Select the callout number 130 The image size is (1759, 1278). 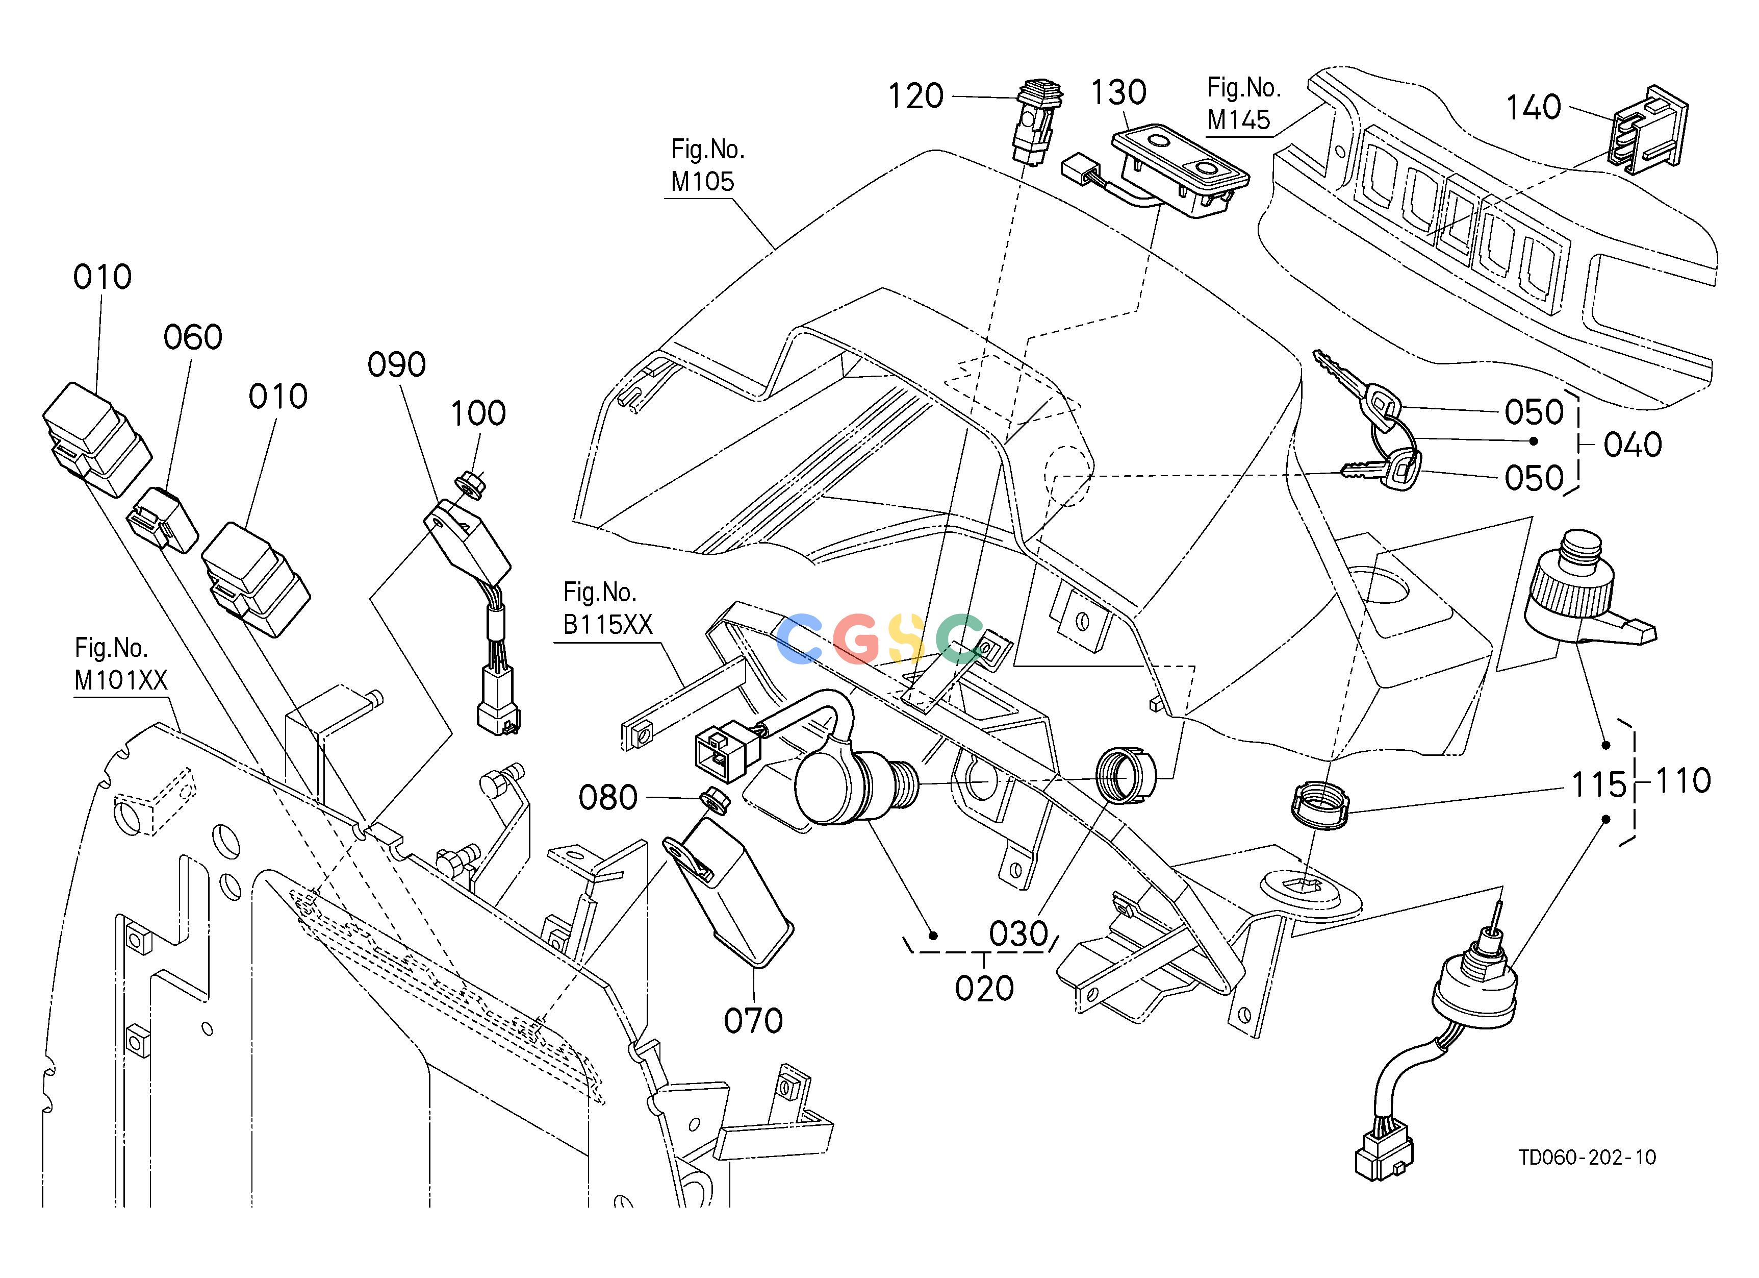pyautogui.click(x=1118, y=92)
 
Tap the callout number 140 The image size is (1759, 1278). pyautogui.click(x=1533, y=107)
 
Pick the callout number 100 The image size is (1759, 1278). pyautogui.click(x=478, y=413)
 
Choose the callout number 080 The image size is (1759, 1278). pyautogui.click(x=608, y=797)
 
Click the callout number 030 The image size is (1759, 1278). pyautogui.click(x=1018, y=934)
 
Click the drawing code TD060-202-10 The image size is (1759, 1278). pyautogui.click(x=1587, y=1179)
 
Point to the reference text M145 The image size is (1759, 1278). pyautogui.click(x=1239, y=119)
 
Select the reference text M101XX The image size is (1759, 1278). pyautogui.click(x=121, y=680)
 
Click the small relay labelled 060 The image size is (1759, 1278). pyautogui.click(x=163, y=520)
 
